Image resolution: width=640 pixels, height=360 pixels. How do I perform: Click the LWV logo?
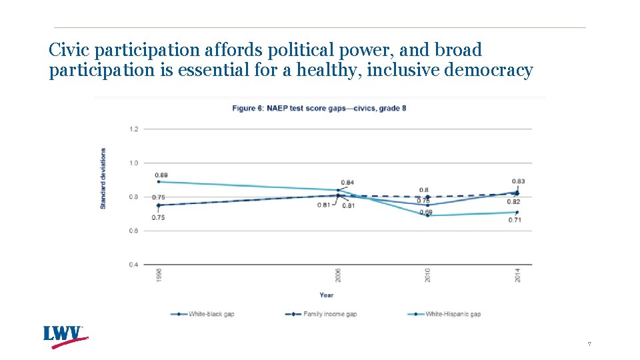click(65, 336)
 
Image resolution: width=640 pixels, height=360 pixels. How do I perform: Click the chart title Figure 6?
click(319, 108)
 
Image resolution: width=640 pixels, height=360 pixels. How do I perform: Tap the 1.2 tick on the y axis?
click(134, 129)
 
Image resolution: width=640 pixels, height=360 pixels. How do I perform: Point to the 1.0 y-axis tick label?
click(134, 163)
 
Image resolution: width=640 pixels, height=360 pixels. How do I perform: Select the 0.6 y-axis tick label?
click(134, 231)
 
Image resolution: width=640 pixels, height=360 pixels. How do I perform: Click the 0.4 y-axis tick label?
click(134, 265)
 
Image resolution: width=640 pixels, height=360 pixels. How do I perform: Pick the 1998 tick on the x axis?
click(159, 275)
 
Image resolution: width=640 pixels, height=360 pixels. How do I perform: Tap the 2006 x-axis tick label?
click(338, 275)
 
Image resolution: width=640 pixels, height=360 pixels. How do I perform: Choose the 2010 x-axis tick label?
click(427, 275)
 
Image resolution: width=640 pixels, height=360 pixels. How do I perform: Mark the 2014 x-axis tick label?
click(517, 275)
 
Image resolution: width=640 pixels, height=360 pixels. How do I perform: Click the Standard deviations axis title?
click(103, 178)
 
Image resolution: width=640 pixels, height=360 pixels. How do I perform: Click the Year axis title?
click(326, 295)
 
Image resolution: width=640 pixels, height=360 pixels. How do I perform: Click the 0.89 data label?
click(161, 175)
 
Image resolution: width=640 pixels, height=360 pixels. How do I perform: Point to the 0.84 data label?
click(347, 183)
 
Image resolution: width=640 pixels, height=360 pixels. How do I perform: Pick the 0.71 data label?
click(514, 219)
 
